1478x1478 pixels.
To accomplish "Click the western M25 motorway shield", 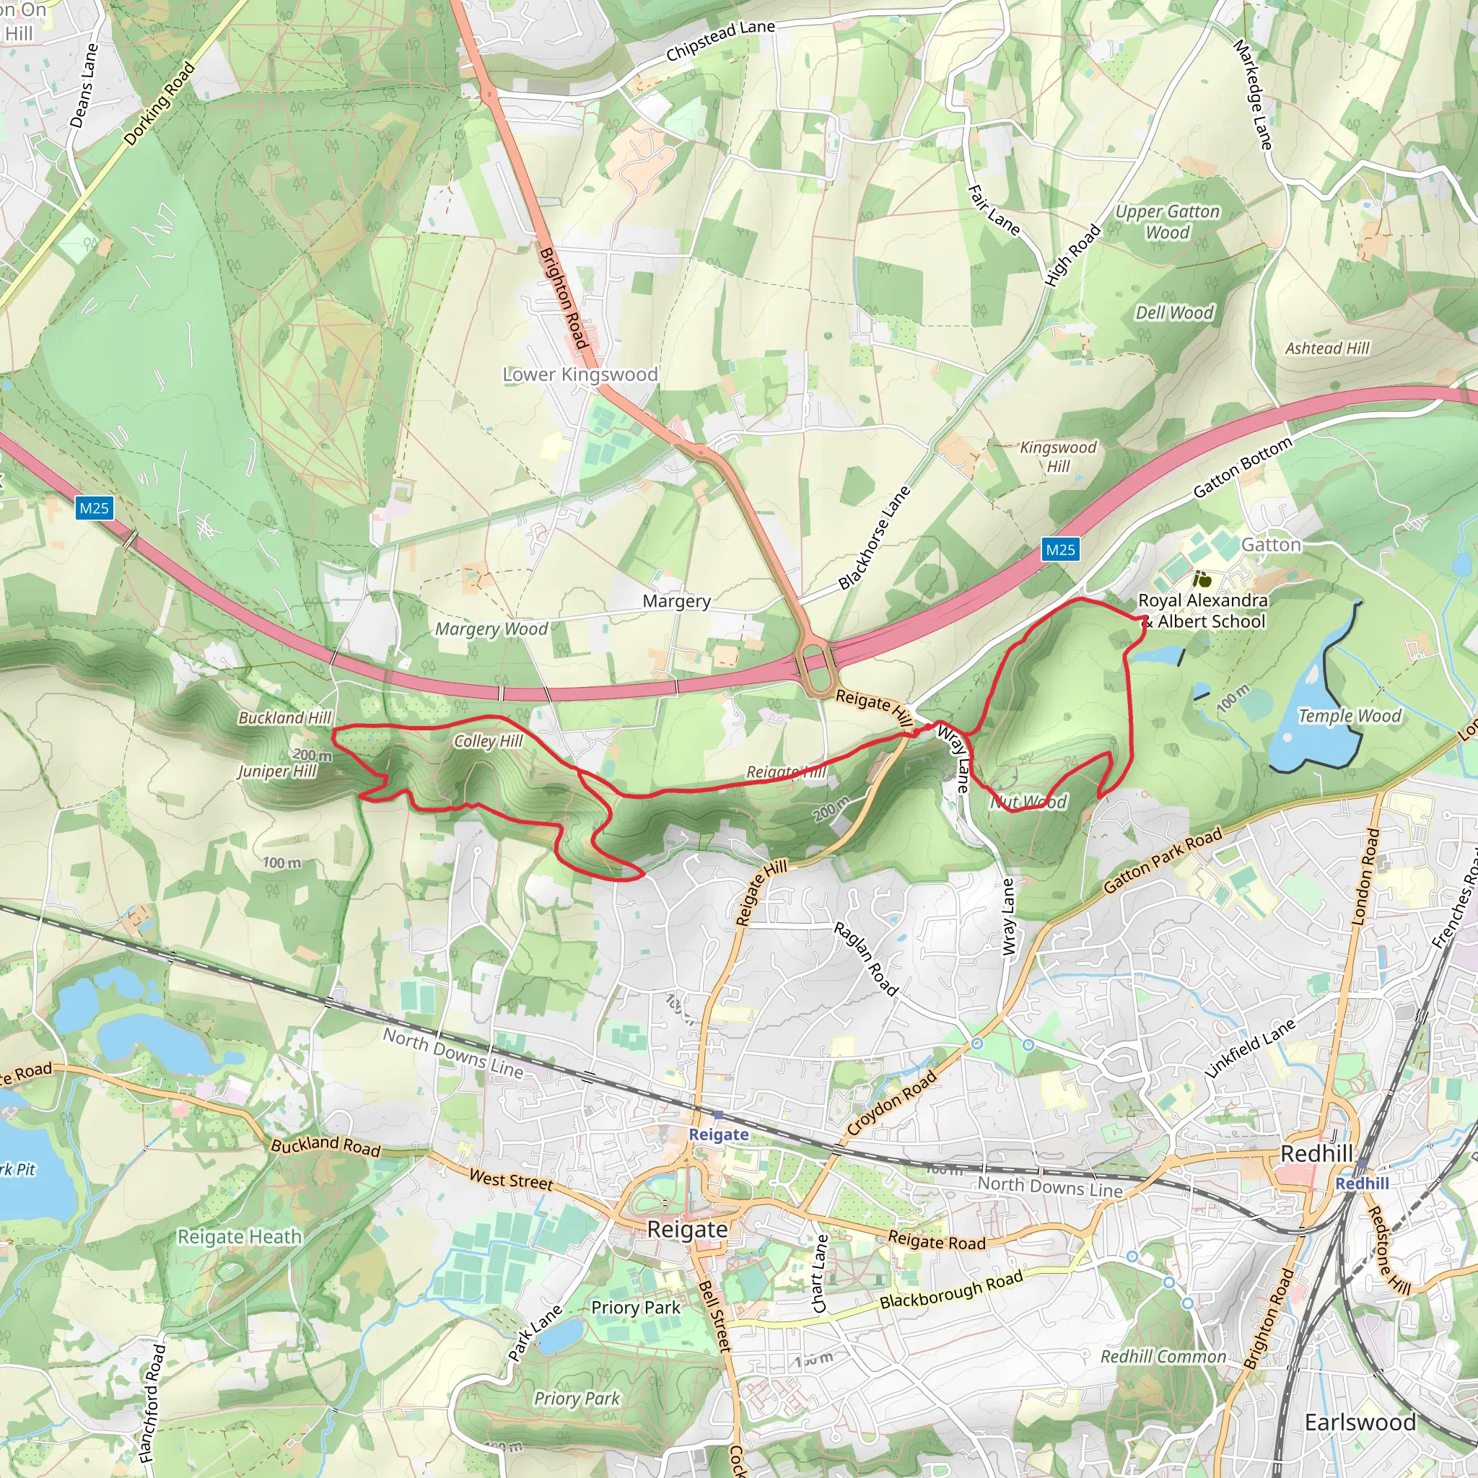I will point(94,508).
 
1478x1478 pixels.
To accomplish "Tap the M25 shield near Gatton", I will point(1059,549).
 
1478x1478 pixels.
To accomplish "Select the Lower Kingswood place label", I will point(580,374).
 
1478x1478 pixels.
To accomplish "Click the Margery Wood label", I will point(491,629).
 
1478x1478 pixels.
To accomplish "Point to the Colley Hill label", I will point(488,740).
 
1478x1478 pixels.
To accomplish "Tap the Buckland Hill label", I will point(284,717).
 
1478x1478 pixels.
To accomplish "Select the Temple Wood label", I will point(1350,716).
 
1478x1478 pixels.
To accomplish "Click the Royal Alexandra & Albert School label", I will point(1203,611).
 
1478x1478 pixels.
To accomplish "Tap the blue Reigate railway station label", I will point(718,1134).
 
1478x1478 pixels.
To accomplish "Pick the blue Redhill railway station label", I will point(1362,1184).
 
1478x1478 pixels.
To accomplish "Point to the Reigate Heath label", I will point(240,1237).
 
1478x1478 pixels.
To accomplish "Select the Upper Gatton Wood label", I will point(1168,222).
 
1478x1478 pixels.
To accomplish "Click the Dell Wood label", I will point(1174,313).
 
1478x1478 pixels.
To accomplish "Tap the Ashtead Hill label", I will point(1327,348).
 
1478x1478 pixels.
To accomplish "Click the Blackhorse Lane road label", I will point(875,538).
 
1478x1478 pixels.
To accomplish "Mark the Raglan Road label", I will point(865,958).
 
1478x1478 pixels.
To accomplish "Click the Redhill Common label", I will point(1163,1356).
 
